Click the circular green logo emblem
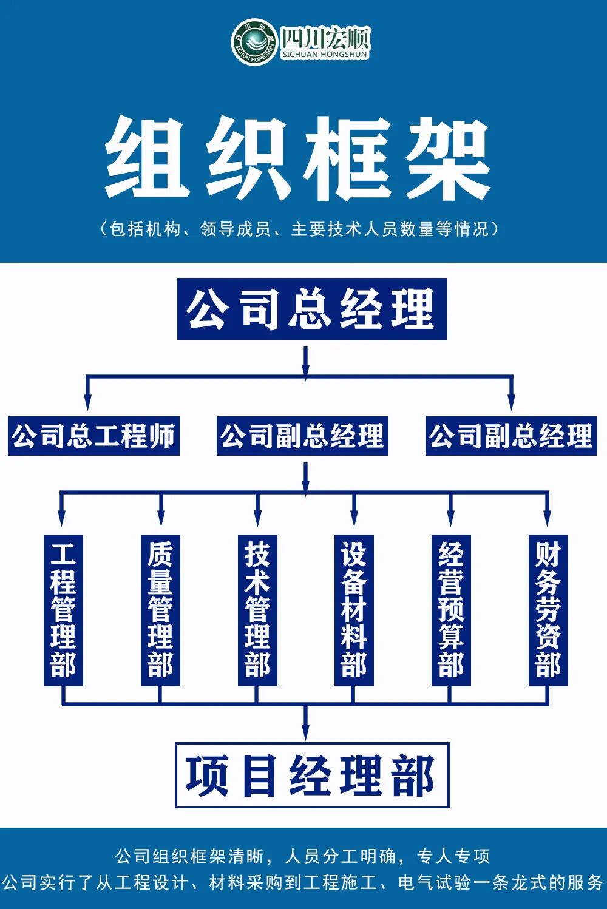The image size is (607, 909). (253, 41)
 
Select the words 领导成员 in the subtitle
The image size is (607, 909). (235, 229)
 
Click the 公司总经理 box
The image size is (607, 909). (311, 309)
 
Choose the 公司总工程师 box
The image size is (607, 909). (93, 436)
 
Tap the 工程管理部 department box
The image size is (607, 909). (63, 610)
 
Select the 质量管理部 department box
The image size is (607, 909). (160, 610)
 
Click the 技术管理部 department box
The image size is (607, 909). (257, 610)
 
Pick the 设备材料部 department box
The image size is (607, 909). (354, 610)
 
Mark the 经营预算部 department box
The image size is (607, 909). (451, 610)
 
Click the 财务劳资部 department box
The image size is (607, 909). (548, 610)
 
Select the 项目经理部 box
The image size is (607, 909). (311, 776)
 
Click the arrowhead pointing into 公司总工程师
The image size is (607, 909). (87, 402)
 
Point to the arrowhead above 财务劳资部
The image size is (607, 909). (548, 519)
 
